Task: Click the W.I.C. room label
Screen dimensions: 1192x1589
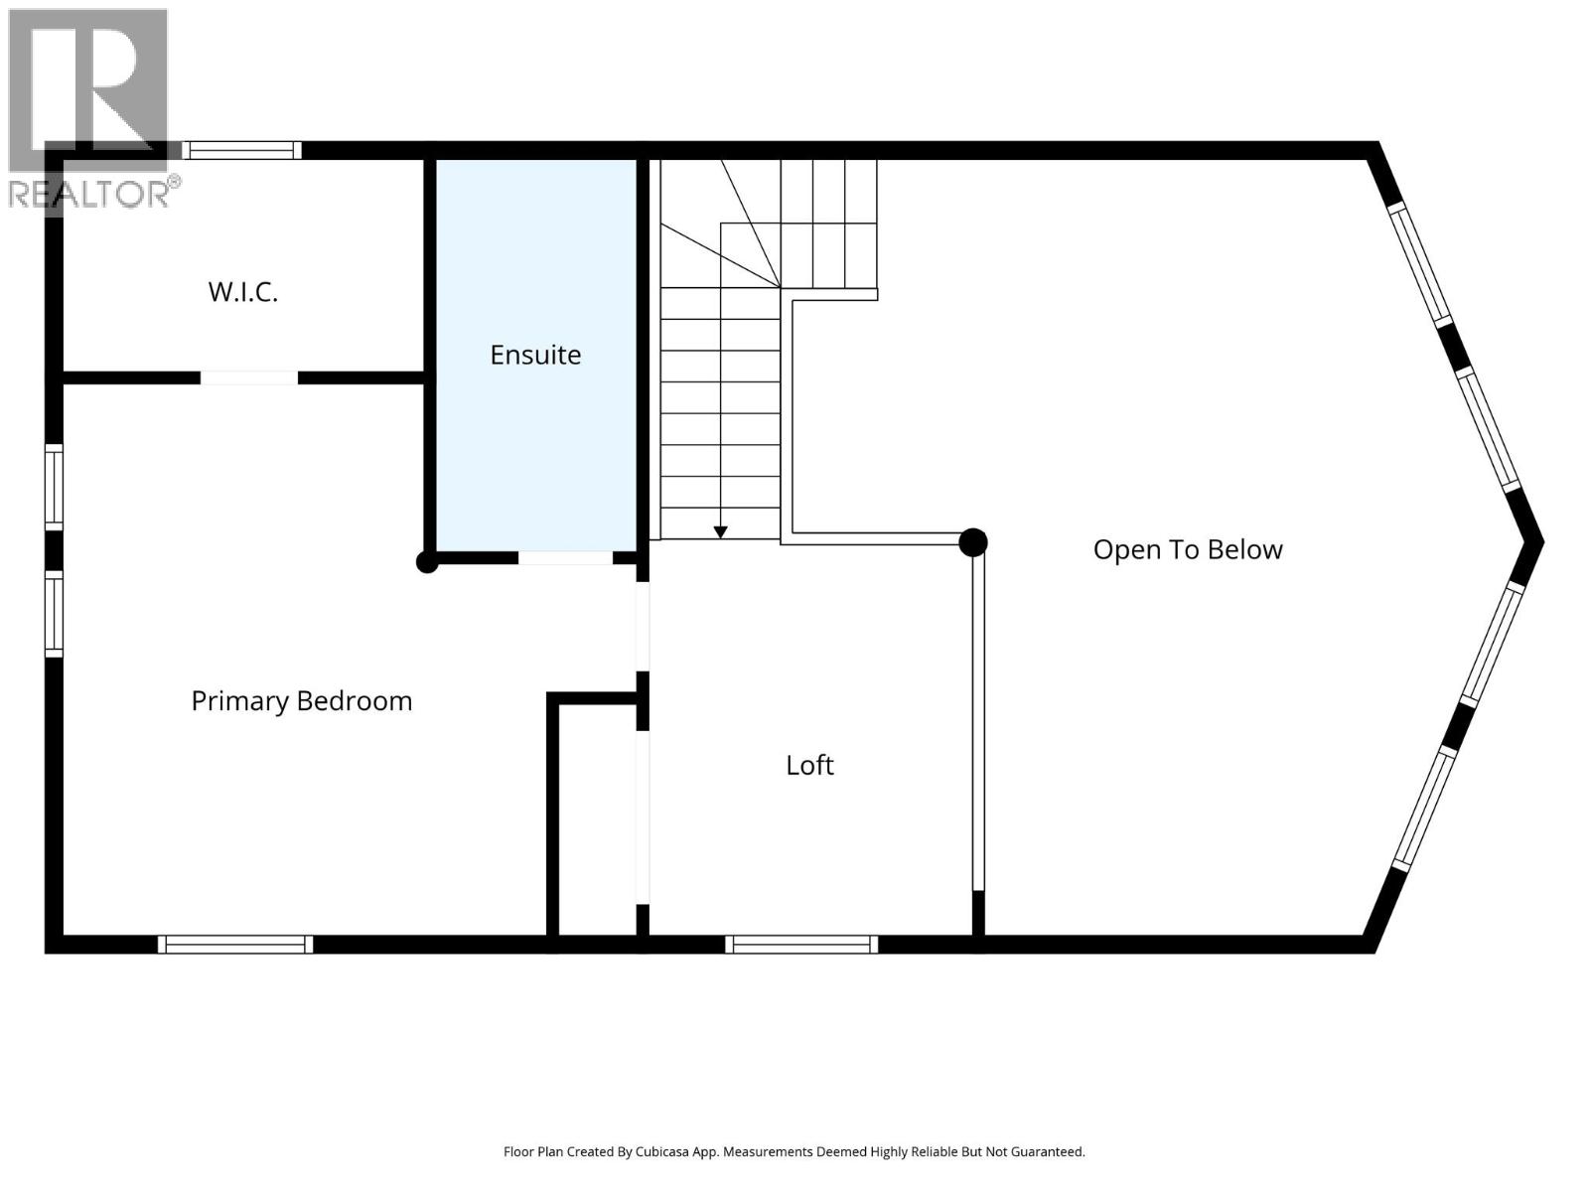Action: pyautogui.click(x=242, y=292)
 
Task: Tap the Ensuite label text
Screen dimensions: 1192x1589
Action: pyautogui.click(x=535, y=355)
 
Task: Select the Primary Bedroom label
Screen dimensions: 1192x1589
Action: pyautogui.click(x=301, y=701)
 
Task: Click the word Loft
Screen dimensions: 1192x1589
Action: pyautogui.click(x=809, y=765)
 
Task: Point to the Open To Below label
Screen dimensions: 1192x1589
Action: pyautogui.click(x=1188, y=549)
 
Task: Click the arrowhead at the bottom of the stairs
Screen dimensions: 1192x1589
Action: pyautogui.click(x=720, y=532)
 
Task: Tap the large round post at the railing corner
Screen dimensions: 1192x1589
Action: pyautogui.click(x=973, y=542)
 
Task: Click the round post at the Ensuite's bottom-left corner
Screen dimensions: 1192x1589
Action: pyautogui.click(x=427, y=562)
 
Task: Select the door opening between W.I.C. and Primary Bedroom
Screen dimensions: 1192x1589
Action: pyautogui.click(x=249, y=377)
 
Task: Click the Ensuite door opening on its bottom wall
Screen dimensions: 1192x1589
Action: pyautogui.click(x=565, y=558)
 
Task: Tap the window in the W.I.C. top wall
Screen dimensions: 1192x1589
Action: pyautogui.click(x=241, y=150)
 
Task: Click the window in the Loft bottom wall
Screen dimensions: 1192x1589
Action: pyautogui.click(x=801, y=945)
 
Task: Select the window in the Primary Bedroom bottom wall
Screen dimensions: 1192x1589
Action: pyautogui.click(x=235, y=945)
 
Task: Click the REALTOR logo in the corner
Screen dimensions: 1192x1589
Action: pyautogui.click(x=89, y=109)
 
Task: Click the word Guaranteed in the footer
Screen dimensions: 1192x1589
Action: pyautogui.click(x=1048, y=1152)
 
